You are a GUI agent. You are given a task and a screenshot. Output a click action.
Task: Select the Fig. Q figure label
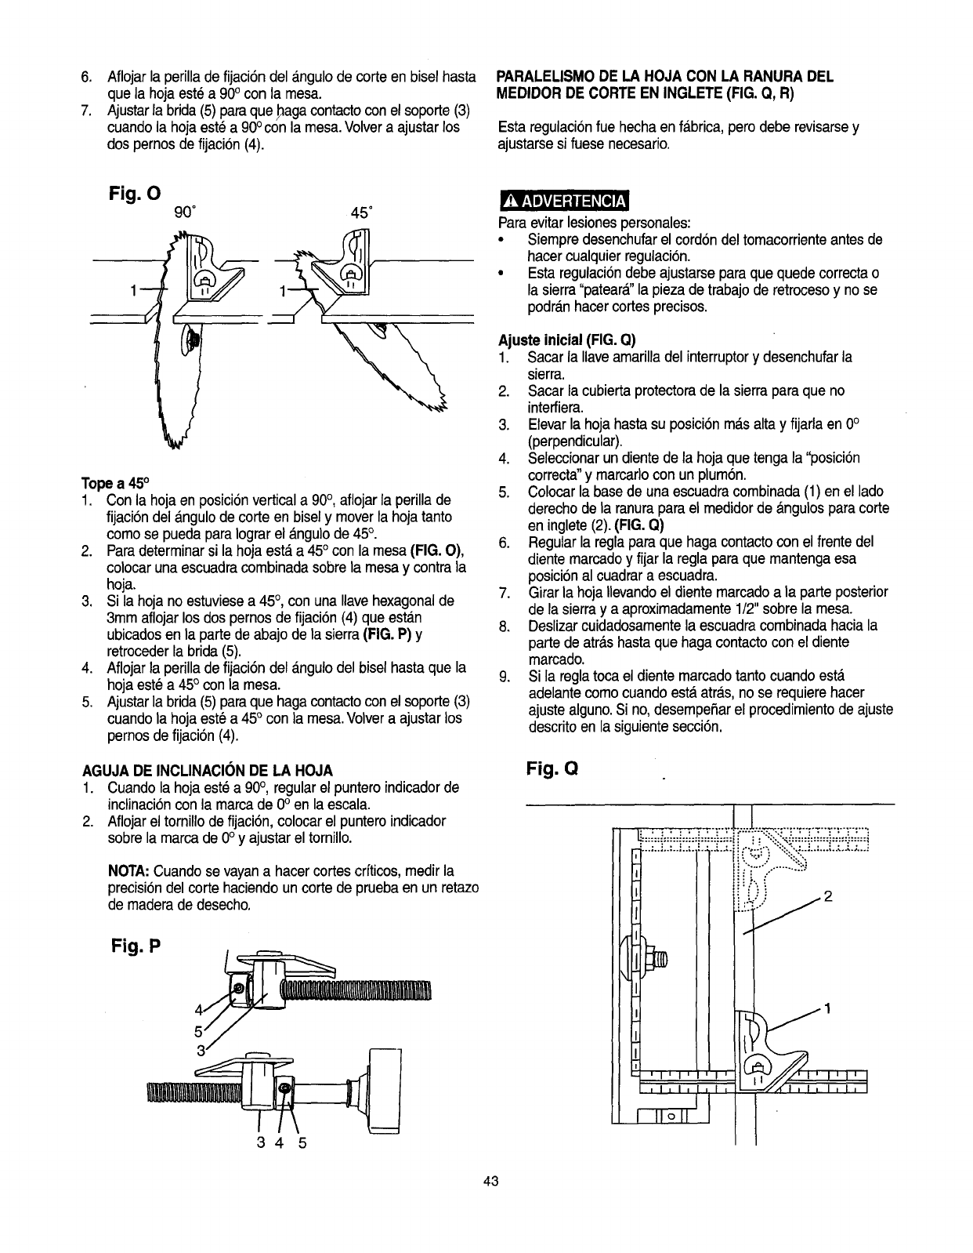click(x=552, y=768)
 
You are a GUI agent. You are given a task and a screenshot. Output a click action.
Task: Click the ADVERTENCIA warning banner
click(x=564, y=202)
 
